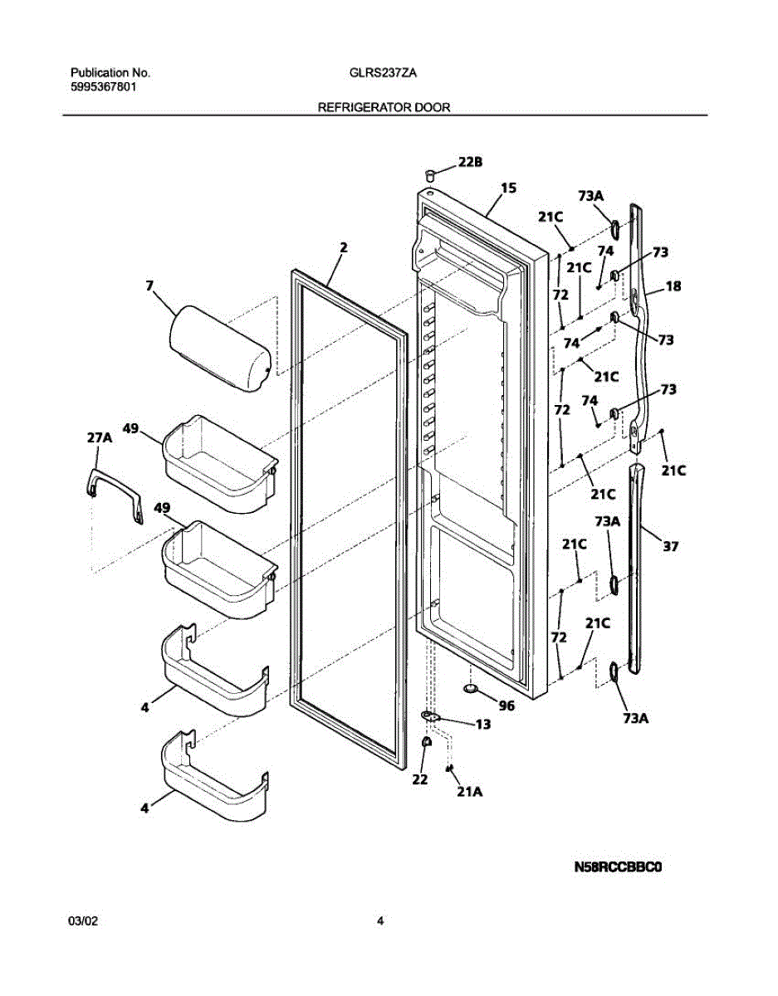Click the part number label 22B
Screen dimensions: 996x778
[470, 163]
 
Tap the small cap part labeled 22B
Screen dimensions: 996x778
[431, 174]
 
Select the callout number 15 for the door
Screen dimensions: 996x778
[508, 188]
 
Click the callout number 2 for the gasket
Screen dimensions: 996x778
[344, 247]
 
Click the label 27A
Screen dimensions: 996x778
[99, 437]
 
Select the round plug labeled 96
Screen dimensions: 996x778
[472, 688]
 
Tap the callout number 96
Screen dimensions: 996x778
[506, 706]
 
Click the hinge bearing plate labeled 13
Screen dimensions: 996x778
[430, 716]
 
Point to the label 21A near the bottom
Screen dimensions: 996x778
[469, 792]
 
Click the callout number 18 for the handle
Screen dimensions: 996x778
[673, 286]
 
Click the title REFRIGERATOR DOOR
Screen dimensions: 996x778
[384, 108]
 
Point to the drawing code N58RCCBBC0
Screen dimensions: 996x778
[619, 868]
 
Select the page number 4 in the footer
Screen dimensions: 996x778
[380, 920]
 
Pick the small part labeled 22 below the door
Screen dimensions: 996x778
[424, 741]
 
